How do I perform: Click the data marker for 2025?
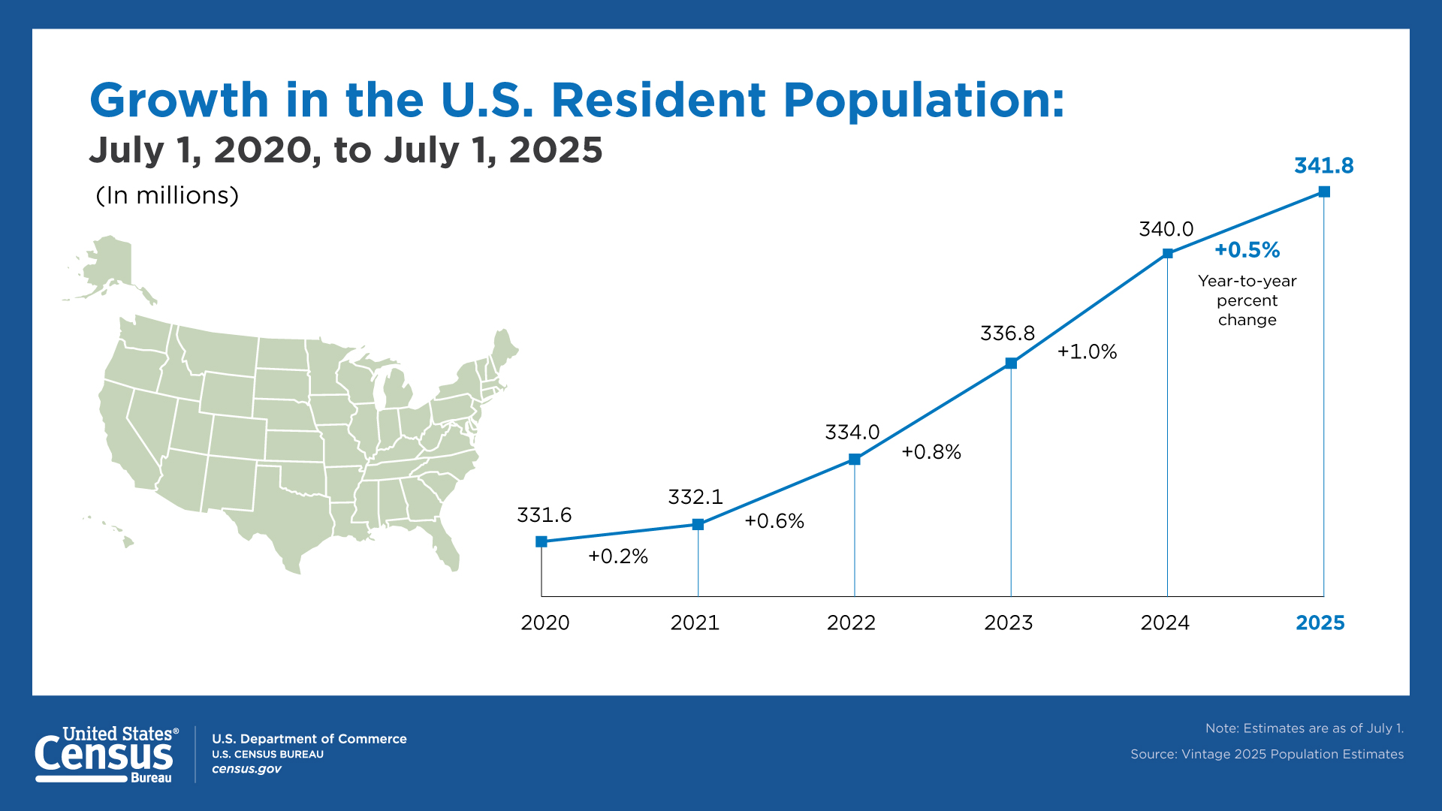(1324, 191)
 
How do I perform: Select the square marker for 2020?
(542, 541)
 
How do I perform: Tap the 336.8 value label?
(1007, 333)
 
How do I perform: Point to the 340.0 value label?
(1166, 229)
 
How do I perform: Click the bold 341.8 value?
(1323, 166)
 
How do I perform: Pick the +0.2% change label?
(617, 556)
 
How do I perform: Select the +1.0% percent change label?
(1087, 351)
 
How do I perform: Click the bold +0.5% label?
(1247, 250)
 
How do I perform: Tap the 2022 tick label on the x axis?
(851, 623)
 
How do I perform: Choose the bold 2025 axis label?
(1320, 623)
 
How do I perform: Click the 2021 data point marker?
(698, 524)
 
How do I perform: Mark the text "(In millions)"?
(167, 195)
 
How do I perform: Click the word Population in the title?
(924, 100)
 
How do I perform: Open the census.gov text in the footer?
(246, 769)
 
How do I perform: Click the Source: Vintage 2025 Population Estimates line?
(1266, 754)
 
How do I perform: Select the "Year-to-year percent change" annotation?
(1247, 300)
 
